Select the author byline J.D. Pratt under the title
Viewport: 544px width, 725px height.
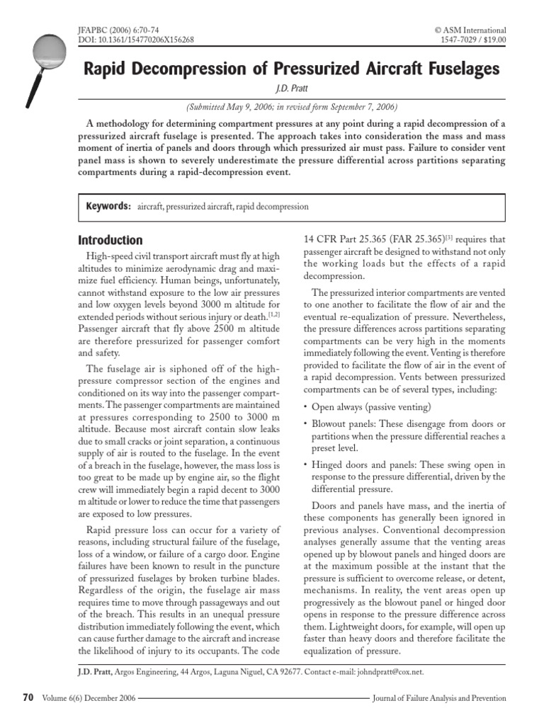click(x=291, y=89)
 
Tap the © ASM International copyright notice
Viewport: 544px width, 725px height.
click(x=470, y=30)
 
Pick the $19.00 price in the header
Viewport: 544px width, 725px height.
click(x=493, y=40)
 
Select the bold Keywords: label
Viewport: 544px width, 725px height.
click(x=108, y=207)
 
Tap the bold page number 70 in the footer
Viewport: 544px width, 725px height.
click(x=28, y=697)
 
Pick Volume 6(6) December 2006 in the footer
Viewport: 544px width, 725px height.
click(x=89, y=698)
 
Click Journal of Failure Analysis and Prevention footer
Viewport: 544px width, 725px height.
click(x=439, y=698)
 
